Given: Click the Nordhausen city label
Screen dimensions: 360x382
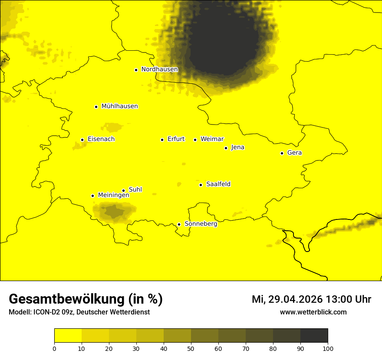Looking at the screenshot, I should click(159, 69).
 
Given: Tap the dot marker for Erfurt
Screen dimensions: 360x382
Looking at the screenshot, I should click(162, 140).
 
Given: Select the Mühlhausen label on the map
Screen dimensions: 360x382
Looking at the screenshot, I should click(119, 106).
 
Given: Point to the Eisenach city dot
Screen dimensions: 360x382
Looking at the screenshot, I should click(82, 140).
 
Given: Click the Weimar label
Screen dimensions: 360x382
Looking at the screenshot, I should click(212, 139).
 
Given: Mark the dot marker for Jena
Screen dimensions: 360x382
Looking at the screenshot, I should click(226, 148).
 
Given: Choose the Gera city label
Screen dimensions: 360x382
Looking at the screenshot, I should click(294, 153).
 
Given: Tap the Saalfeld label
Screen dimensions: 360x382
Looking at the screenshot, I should click(218, 184).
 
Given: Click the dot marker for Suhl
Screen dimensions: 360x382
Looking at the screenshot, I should click(124, 190).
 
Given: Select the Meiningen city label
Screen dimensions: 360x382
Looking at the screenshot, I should click(113, 195).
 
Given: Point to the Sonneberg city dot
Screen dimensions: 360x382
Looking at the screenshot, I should click(179, 224).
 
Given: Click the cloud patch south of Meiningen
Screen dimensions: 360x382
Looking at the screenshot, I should click(114, 212).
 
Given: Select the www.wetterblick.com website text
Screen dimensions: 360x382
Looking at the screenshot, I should click(313, 312).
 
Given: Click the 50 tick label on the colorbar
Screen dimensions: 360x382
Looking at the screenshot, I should click(191, 348).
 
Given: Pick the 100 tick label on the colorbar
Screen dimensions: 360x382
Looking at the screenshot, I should click(327, 348).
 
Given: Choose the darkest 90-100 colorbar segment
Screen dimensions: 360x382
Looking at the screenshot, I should click(314, 336).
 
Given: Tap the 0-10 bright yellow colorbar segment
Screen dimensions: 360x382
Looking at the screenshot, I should click(68, 336).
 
